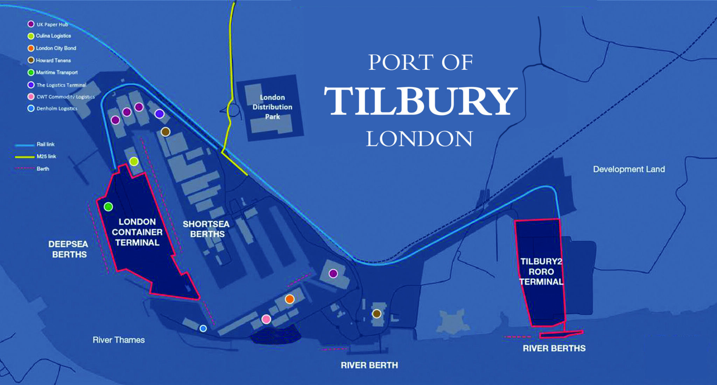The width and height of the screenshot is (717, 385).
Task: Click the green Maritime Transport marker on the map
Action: (x=109, y=207)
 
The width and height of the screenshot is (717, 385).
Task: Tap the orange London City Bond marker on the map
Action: (x=290, y=299)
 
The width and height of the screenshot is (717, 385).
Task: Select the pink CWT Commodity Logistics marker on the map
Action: (x=266, y=319)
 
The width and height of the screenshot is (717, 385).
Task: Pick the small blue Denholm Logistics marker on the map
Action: (x=203, y=329)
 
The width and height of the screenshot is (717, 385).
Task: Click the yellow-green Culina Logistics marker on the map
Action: (x=134, y=162)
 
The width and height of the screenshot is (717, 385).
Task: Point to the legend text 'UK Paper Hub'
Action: (x=52, y=25)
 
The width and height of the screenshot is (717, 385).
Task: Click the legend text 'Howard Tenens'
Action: (x=53, y=60)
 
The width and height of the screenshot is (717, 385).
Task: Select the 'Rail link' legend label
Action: (x=46, y=144)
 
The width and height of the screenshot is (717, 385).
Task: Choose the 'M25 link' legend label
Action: (x=46, y=156)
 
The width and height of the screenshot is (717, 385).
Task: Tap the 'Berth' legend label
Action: (x=43, y=169)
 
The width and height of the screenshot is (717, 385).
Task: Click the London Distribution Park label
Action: (x=272, y=107)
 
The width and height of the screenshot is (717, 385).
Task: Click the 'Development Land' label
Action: (x=629, y=169)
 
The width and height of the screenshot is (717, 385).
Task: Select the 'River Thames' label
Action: (x=119, y=340)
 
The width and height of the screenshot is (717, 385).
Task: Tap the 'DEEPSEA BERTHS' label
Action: (x=69, y=249)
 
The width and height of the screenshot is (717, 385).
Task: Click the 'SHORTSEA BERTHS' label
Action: (x=206, y=229)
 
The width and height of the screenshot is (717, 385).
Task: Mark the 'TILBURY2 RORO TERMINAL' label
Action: (x=541, y=271)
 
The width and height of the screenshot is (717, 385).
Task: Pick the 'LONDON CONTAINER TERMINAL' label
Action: (x=137, y=232)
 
